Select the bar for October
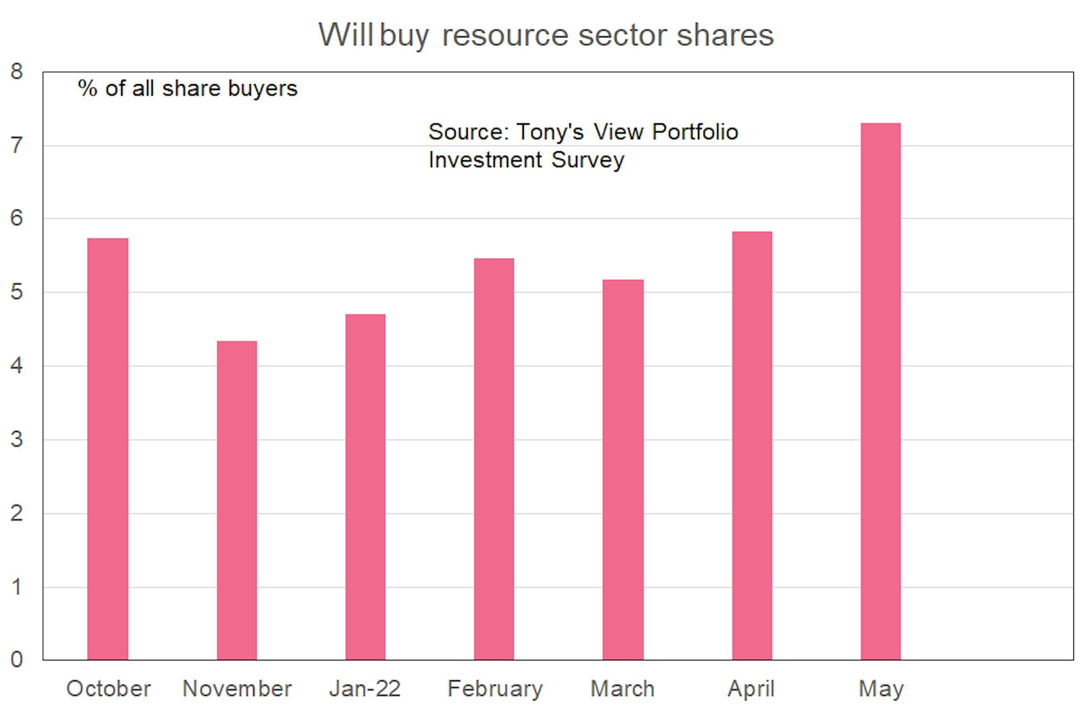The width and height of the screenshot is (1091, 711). point(107,449)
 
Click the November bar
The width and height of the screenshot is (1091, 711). point(236,500)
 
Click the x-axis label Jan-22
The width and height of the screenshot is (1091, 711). point(365,689)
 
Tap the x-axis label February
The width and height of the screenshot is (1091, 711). point(495,689)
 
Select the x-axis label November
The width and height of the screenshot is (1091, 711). point(237,689)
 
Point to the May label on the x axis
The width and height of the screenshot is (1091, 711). point(881,689)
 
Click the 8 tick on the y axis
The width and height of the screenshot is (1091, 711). point(16,72)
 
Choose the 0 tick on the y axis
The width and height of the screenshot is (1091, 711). point(16,659)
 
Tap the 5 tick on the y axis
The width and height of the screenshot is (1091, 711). point(16,292)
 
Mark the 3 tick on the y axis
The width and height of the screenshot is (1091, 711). point(16,439)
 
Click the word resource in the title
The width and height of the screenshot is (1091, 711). point(505,35)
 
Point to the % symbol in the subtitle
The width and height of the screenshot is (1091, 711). point(88,89)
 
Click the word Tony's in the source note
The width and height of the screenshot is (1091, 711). point(550,132)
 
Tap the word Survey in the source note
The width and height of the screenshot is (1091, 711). point(588,160)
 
